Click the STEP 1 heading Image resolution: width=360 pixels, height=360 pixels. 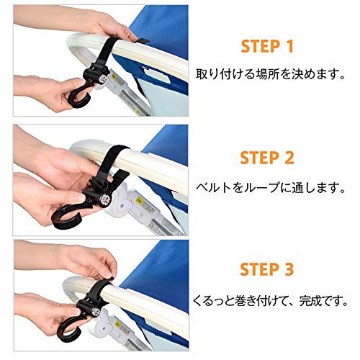(x=267, y=46)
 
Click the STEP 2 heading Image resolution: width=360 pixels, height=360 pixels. (x=267, y=158)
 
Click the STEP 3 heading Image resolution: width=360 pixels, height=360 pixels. (x=267, y=269)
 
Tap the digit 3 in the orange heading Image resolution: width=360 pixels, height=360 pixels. (x=289, y=269)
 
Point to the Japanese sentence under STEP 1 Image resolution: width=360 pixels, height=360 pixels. (x=271, y=74)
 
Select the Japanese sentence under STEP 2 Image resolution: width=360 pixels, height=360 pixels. (x=271, y=187)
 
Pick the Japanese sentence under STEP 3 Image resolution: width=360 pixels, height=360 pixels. (x=270, y=301)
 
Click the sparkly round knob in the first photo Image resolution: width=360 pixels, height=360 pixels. (x=103, y=78)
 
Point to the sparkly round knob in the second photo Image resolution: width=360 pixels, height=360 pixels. (x=105, y=199)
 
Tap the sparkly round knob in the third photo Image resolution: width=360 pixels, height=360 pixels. (x=95, y=311)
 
